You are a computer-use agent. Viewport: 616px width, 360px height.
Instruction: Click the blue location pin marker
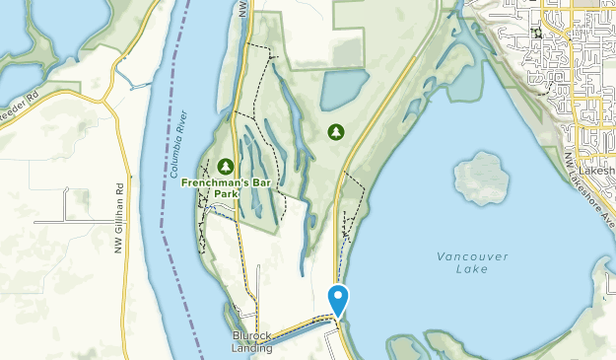pyautogui.click(x=338, y=299)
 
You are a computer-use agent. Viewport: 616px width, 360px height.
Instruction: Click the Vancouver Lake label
pyautogui.click(x=473, y=264)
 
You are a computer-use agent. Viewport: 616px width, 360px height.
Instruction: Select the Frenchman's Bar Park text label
pyautogui.click(x=228, y=187)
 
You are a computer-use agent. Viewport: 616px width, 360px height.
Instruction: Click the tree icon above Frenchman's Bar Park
pyautogui.click(x=227, y=166)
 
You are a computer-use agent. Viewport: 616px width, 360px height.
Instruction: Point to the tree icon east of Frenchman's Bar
pyautogui.click(x=336, y=130)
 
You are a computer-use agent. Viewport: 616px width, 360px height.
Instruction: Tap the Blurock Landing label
pyautogui.click(x=251, y=341)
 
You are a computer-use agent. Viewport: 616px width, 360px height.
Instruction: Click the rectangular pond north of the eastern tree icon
pyautogui.click(x=344, y=91)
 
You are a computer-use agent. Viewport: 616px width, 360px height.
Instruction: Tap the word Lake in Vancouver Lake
pyautogui.click(x=473, y=272)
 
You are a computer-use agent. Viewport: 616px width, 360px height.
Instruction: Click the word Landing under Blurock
pyautogui.click(x=251, y=347)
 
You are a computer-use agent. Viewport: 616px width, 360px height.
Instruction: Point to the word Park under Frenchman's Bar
pyautogui.click(x=228, y=194)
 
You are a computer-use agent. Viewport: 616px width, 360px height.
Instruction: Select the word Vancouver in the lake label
pyautogui.click(x=473, y=257)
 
